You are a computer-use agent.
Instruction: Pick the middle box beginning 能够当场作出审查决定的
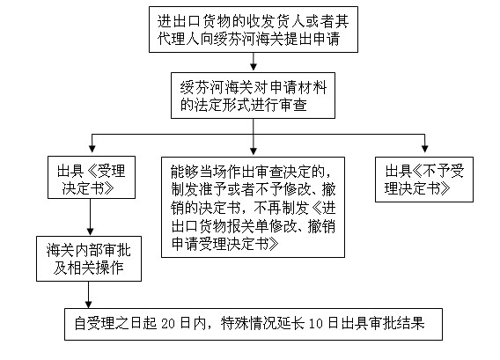[x=254, y=206]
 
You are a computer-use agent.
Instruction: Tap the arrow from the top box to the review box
[x=253, y=62]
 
